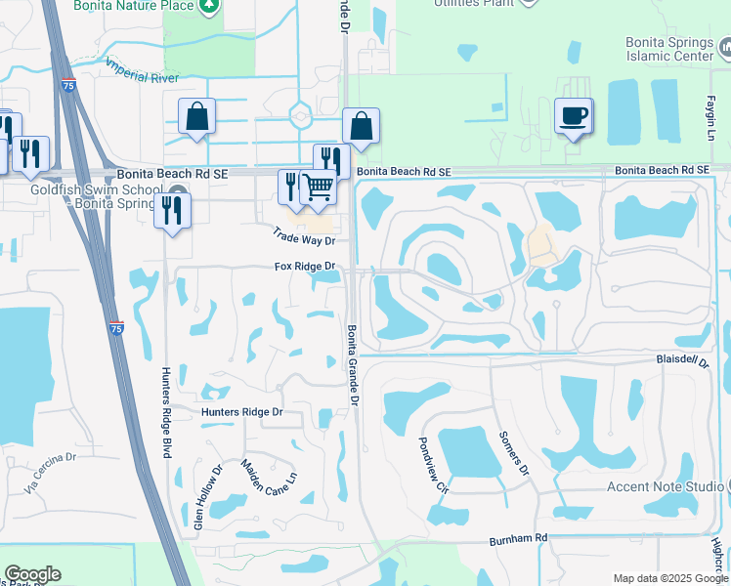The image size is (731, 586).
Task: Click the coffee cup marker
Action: click(573, 117)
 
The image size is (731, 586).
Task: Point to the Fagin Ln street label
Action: click(711, 101)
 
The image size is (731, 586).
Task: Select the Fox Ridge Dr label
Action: click(304, 266)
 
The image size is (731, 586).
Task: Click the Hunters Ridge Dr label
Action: click(241, 412)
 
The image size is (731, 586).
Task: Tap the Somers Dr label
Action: click(514, 453)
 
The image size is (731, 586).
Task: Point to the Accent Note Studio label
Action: click(664, 486)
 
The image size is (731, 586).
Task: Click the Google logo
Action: click(32, 574)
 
